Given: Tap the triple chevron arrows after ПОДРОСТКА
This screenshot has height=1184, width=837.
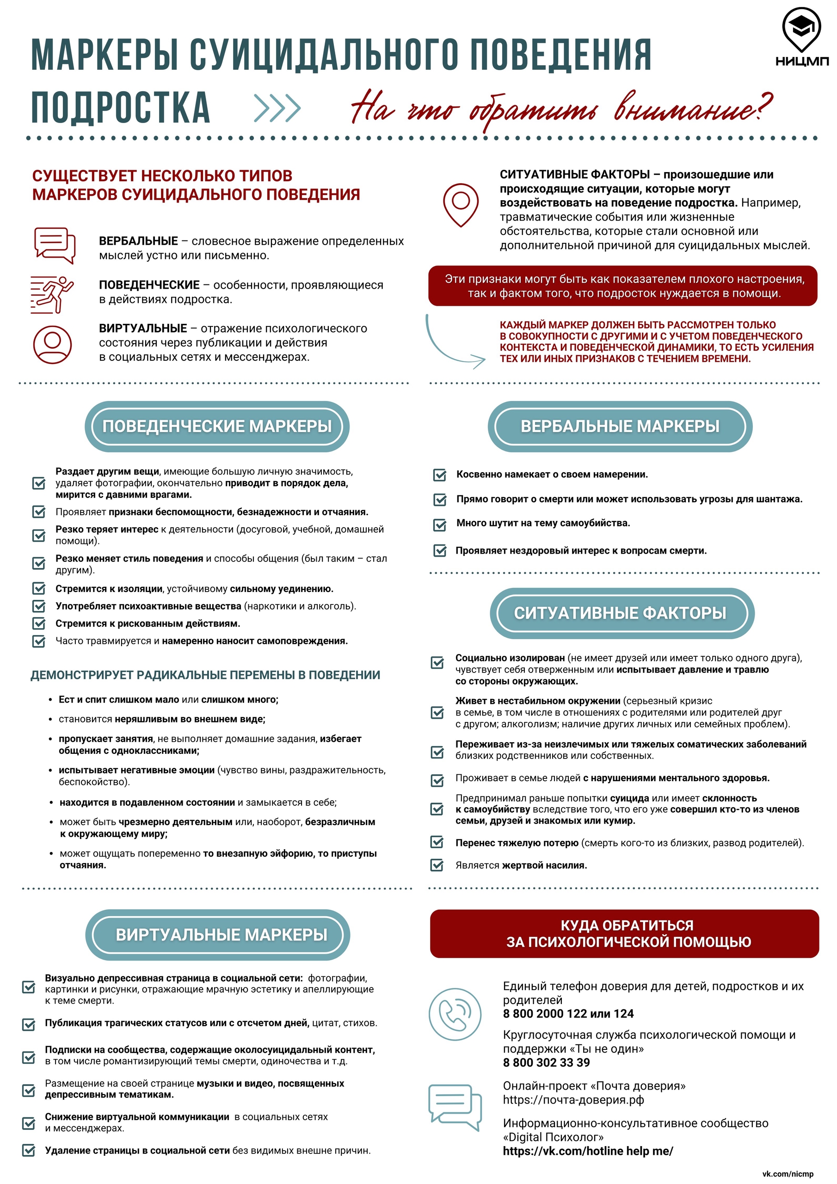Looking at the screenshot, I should coord(277,108).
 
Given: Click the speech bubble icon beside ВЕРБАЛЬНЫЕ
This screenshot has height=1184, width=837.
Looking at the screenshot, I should coord(54,245).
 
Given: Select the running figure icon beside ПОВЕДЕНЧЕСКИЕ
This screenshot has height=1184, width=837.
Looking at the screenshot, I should coord(52,295).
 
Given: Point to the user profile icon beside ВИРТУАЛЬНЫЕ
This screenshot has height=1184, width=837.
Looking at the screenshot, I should coord(52,344).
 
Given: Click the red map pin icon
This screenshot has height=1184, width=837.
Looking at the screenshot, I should coord(461,204).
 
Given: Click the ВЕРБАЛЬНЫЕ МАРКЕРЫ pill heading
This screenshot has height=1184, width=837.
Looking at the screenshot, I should coord(619,426).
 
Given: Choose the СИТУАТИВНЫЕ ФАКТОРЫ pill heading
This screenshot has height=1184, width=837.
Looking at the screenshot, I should coord(622,613).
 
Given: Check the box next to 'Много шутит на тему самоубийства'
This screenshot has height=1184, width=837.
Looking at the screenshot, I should coord(439,524).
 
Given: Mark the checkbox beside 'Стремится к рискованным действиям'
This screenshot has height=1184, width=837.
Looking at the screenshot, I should coord(39,623).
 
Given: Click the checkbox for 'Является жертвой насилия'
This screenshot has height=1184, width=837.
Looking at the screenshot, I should coord(437,865).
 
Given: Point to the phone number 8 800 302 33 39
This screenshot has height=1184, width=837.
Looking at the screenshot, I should coord(546,1062).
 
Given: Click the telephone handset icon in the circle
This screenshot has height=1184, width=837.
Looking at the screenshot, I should coord(455,1014).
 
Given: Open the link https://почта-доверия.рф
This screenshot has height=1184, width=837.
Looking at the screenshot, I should coord(573,1100).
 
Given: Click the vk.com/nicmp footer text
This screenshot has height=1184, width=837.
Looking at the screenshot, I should coord(787,1174).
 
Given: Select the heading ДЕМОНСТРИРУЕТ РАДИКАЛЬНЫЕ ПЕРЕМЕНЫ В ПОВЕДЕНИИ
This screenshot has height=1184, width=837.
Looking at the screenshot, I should coord(205,675).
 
